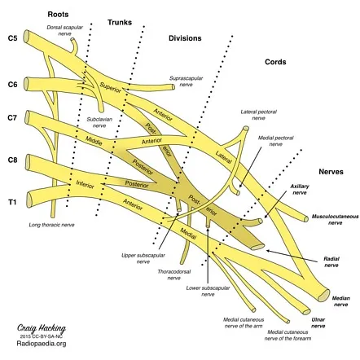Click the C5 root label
click(12, 38)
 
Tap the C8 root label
click(12, 161)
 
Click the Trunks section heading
click(120, 22)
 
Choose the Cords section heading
click(275, 62)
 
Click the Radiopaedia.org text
click(39, 344)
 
